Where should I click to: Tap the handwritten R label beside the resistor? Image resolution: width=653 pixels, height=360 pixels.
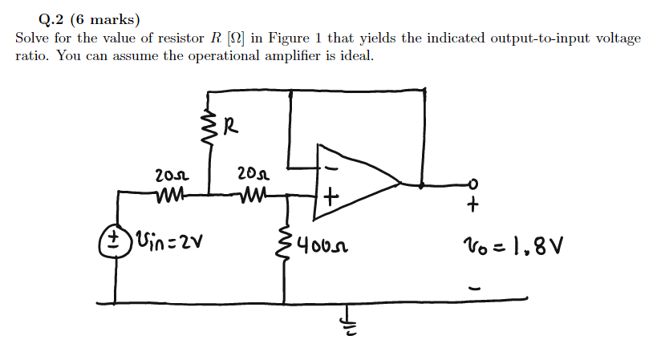point(231,125)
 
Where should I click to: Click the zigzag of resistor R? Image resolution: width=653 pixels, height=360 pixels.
point(211,127)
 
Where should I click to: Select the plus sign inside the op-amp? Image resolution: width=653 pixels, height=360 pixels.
point(331,196)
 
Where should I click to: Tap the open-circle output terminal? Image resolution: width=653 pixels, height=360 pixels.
point(474,184)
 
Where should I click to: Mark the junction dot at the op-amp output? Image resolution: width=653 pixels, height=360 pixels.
point(423,184)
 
